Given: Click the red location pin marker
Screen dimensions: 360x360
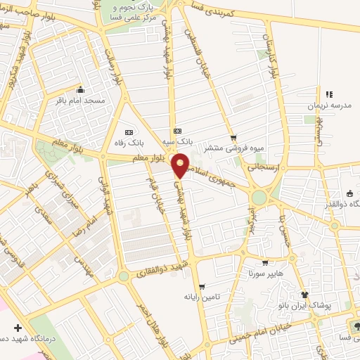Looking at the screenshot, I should tap(181, 165).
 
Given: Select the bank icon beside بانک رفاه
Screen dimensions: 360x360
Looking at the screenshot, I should tap(128, 131).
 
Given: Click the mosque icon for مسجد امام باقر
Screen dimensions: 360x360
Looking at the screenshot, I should tap(80, 90).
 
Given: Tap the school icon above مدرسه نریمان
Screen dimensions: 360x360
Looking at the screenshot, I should tap(328, 94).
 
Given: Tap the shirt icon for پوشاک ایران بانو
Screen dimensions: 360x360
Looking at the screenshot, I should tap(304, 296).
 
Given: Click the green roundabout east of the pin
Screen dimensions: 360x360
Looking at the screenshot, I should tap(259, 198).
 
